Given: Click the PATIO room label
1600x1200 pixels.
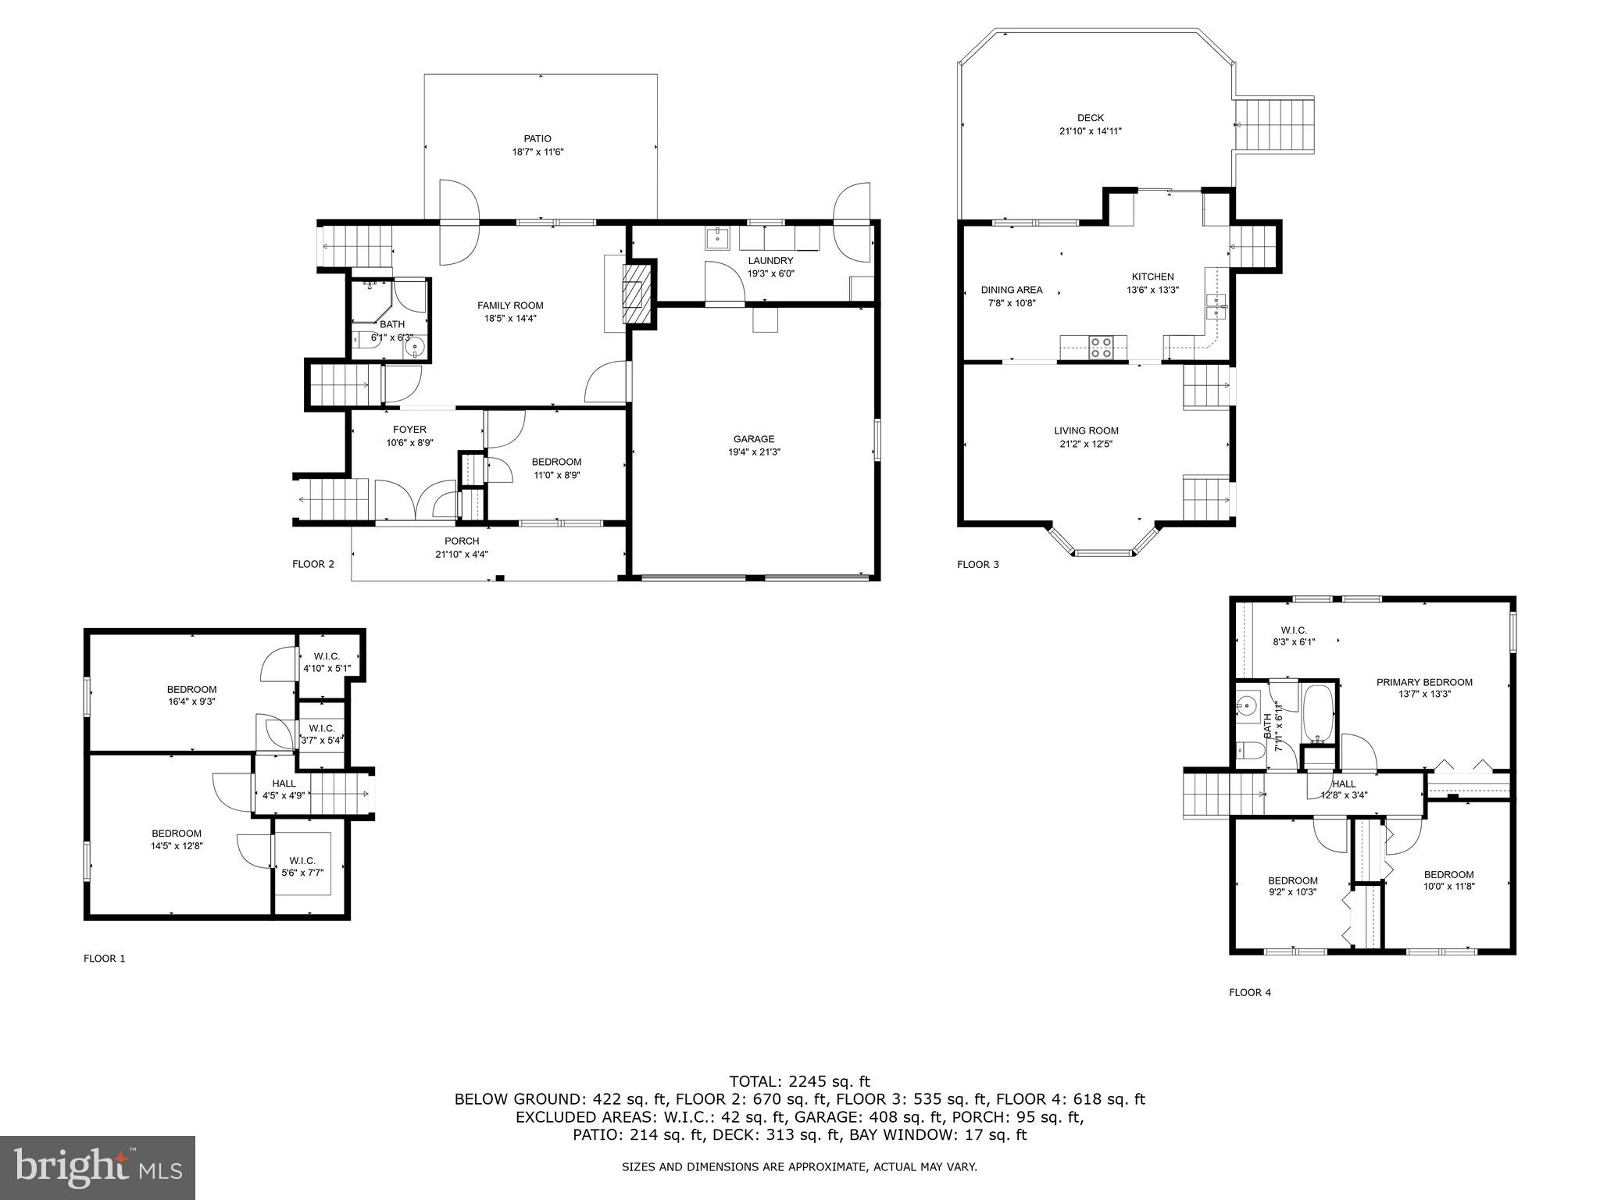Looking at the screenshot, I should coord(537,139).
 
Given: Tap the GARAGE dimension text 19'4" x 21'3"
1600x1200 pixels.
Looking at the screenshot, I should coord(753,452).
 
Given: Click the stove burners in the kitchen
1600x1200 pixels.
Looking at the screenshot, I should coord(1101,347).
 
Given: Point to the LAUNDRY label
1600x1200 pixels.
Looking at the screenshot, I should coord(770,261).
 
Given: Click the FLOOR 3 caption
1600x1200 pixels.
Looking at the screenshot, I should coord(977,564).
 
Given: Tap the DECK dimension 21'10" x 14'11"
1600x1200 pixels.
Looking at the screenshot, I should coord(1090,131).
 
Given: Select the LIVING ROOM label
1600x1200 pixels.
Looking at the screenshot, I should coord(1086,430).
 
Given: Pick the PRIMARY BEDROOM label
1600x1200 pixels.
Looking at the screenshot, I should coord(1424,682).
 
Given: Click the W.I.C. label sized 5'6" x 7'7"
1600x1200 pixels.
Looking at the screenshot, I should coord(302,861).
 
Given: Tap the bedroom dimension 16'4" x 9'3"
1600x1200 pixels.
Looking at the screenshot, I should coord(191,702).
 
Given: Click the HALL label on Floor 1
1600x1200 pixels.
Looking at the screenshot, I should coord(284,784).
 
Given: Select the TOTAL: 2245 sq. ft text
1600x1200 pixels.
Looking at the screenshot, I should coord(799,1081).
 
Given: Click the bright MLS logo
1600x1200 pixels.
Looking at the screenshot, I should coord(98,1167).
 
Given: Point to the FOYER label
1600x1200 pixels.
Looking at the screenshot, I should coord(409,430).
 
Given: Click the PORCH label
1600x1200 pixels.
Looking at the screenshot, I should coord(462,541).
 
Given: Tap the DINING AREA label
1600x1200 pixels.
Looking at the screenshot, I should coord(1012,290).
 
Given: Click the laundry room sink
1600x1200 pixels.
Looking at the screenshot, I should coord(716,237).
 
